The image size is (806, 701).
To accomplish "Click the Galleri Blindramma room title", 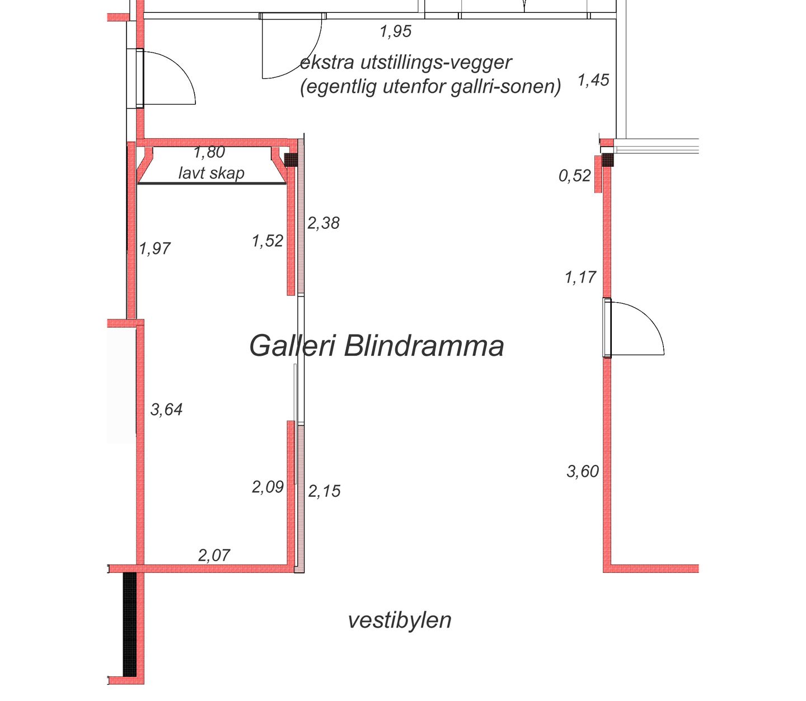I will [376, 346].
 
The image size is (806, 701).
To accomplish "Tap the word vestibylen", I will [399, 620].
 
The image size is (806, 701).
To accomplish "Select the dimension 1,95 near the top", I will [395, 32].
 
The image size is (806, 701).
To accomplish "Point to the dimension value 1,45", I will [593, 81].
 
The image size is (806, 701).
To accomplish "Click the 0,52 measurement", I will [574, 176].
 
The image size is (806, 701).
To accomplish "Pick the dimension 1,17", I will [580, 277].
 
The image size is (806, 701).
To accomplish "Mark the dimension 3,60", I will [583, 472].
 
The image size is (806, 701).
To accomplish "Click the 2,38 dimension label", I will [323, 223].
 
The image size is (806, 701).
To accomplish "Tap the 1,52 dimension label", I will [267, 241].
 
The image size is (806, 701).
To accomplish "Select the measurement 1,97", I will [154, 248].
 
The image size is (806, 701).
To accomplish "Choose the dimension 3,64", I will [166, 410].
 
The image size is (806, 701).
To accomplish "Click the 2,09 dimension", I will [268, 487].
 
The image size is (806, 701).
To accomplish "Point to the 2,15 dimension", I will [324, 491].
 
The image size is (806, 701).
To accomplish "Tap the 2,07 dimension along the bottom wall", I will [214, 555].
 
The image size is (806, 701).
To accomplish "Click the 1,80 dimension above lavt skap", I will [209, 152].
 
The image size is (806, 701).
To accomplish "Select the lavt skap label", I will [211, 173].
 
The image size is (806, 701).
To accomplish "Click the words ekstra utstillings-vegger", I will [406, 63].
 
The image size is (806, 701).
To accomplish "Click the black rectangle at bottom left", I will [130, 624].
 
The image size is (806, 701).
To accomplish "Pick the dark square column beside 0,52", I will [607, 161].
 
